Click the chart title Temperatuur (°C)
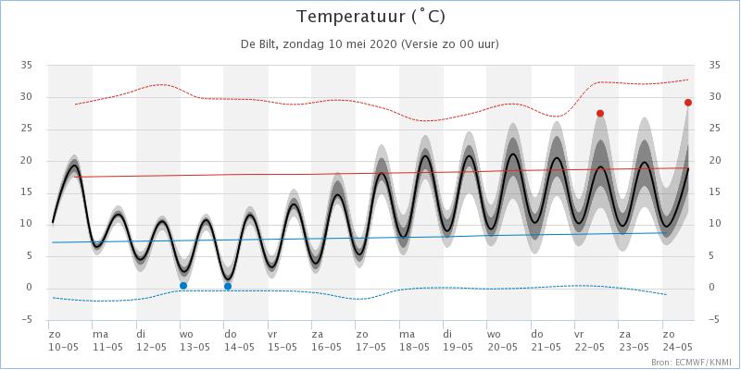tap(370, 17)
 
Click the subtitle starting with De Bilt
tap(370, 44)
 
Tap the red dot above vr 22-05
tap(600, 113)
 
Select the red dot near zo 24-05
tap(688, 103)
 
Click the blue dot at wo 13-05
tap(183, 286)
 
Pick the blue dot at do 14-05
tap(228, 287)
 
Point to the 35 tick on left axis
tap(27, 65)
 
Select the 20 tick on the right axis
tap(714, 160)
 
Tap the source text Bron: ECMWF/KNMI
tap(692, 361)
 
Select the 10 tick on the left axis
tap(27, 224)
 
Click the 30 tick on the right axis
tap(714, 97)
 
